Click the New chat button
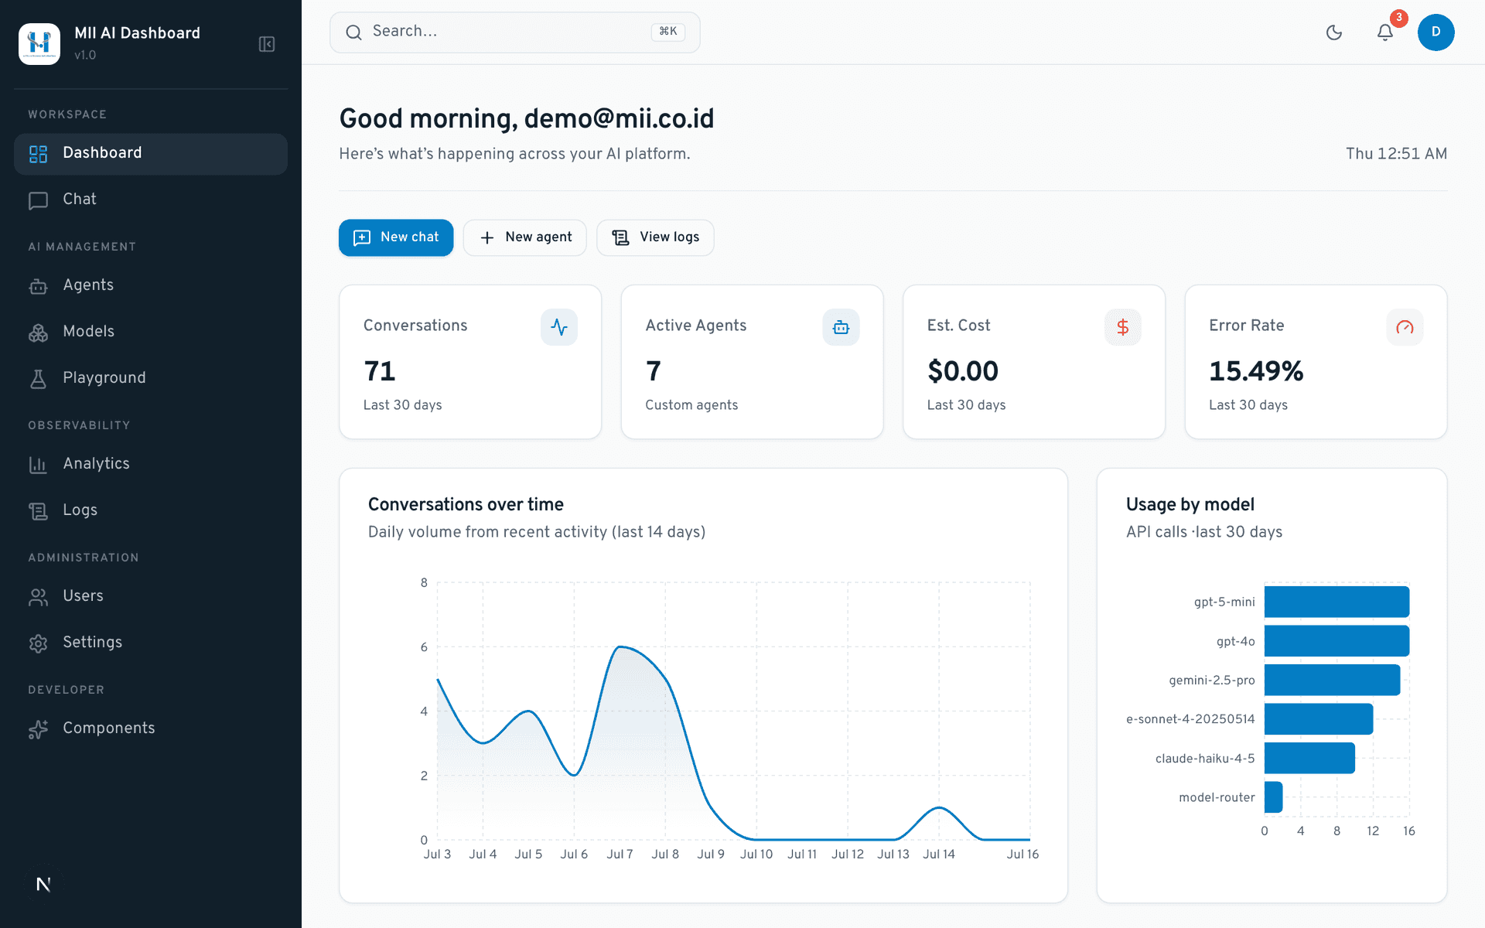tap(396, 237)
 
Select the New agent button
tap(525, 237)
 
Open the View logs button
tap(655, 237)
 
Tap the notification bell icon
tap(1385, 32)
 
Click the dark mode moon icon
tap(1334, 32)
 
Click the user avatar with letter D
tap(1436, 32)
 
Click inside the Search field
tap(515, 32)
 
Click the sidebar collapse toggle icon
tap(267, 44)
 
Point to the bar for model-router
tap(1274, 797)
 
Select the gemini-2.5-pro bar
tap(1333, 680)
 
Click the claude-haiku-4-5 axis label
tap(1205, 759)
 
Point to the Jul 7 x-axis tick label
tap(620, 855)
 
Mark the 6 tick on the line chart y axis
tap(424, 647)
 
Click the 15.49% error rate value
tap(1256, 371)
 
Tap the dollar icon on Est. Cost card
tap(1123, 327)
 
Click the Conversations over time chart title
tap(466, 505)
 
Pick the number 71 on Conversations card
tap(380, 371)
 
